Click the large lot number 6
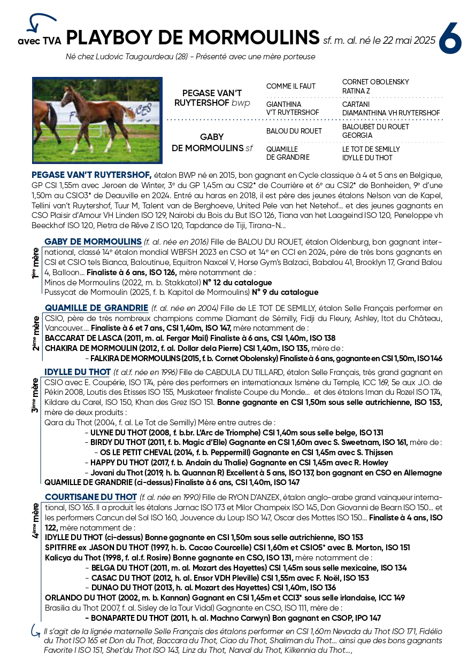point(450,38)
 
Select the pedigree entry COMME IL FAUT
point(291,86)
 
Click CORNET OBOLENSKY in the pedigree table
point(375,82)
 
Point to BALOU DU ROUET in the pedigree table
point(294,131)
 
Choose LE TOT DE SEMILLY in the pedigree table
point(371,149)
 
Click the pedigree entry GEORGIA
point(357,136)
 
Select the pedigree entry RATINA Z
point(356,91)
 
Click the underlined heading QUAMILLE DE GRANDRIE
point(96,308)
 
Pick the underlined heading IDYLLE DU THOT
point(78,372)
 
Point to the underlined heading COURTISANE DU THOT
point(90,497)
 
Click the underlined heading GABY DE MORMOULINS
point(93,241)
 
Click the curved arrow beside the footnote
point(35,631)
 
